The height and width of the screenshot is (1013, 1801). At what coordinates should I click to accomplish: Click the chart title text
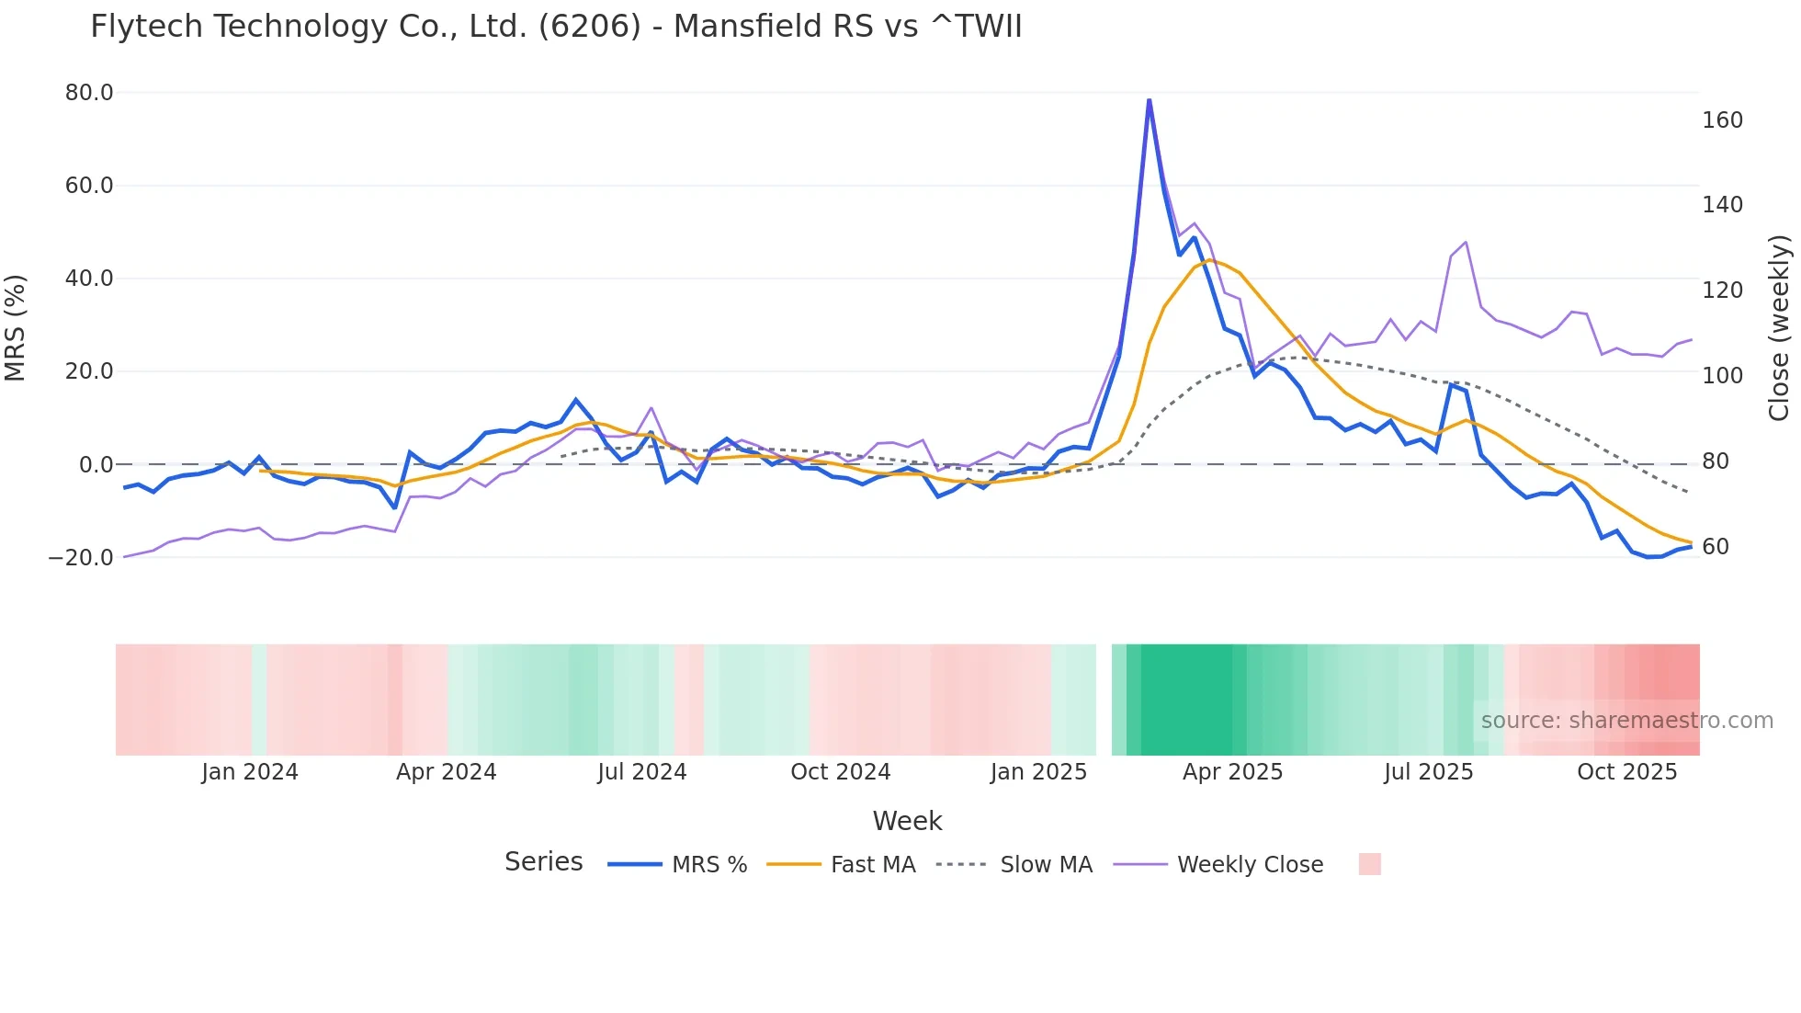(556, 27)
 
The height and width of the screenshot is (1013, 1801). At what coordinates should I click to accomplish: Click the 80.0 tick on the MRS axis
(89, 93)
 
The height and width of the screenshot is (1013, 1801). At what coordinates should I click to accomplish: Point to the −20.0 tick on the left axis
(82, 558)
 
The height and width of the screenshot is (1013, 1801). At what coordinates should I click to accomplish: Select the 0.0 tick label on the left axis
(96, 465)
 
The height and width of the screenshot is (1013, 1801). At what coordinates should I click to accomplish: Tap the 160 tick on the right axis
(1722, 120)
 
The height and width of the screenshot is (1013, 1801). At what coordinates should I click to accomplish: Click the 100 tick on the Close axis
(1722, 376)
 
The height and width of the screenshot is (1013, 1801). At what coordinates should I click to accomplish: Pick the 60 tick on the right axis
(1716, 547)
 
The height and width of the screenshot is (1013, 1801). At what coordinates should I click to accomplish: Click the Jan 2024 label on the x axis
(250, 772)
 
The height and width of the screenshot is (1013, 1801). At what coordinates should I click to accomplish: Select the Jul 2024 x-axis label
(641, 772)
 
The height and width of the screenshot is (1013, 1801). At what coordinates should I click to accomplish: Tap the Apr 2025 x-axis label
(1232, 772)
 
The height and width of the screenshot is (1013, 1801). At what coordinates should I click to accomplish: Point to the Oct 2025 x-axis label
(1626, 772)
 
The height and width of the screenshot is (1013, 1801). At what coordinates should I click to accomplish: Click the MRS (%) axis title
(16, 328)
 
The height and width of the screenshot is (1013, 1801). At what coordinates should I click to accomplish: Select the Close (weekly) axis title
(1780, 328)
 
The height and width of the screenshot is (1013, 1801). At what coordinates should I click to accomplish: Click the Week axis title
(907, 821)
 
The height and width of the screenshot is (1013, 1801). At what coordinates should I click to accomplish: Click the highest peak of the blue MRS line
(1149, 99)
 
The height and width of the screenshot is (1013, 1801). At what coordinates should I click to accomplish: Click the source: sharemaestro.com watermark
(1626, 721)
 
